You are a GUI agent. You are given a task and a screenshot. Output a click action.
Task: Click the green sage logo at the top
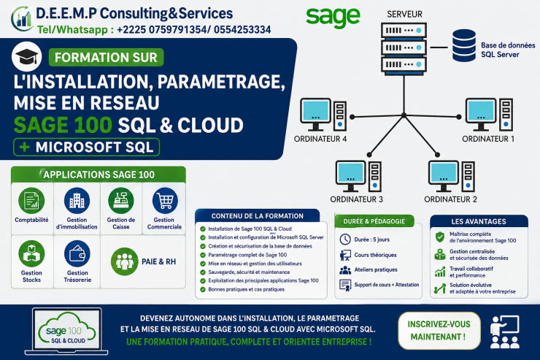[x=333, y=18]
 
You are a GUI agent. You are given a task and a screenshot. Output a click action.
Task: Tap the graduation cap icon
[x=27, y=56]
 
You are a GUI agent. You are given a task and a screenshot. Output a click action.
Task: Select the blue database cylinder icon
[x=464, y=45]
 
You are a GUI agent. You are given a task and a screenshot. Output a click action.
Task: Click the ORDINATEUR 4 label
[x=320, y=139]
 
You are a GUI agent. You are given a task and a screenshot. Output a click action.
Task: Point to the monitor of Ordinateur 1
[x=481, y=115]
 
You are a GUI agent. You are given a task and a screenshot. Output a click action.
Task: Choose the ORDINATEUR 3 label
[x=356, y=199]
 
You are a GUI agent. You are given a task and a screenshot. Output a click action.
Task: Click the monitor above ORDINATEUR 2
[x=444, y=176]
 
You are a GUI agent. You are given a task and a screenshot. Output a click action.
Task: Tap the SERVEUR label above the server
[x=404, y=14]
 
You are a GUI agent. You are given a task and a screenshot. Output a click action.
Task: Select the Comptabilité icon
[x=31, y=201]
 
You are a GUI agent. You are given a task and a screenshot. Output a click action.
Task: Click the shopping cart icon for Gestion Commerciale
[x=165, y=201]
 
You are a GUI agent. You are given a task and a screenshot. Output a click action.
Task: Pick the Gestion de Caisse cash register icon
[x=121, y=201]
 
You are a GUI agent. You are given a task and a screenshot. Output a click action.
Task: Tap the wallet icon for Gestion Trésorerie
[x=77, y=254]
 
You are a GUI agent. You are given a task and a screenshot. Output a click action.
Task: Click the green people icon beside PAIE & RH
[x=124, y=261]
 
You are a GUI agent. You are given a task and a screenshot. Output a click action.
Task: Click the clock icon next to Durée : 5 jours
[x=345, y=239]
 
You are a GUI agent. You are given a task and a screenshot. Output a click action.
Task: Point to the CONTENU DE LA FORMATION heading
[x=258, y=216]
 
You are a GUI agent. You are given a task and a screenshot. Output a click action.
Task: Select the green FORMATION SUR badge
[x=106, y=57]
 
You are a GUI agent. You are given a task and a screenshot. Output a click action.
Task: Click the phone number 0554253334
[x=242, y=30]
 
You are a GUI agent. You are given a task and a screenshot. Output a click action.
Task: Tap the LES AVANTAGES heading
[x=479, y=221]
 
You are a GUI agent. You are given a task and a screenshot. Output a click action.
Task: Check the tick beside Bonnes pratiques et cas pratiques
[x=203, y=289]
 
